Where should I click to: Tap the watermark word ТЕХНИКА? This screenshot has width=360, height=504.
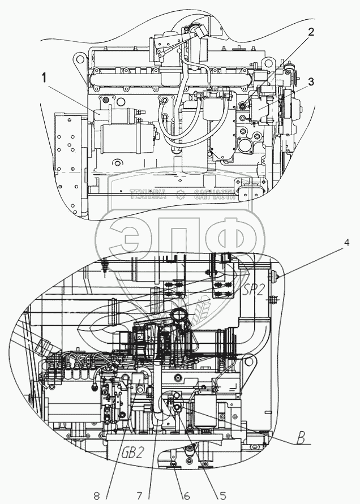pos(148,196)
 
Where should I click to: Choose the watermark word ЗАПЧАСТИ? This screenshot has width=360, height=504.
pos(214,196)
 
